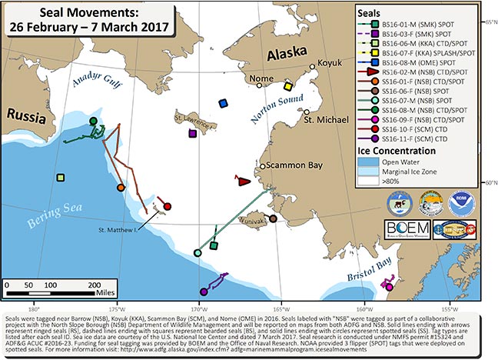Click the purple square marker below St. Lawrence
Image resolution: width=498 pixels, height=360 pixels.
[x=192, y=133]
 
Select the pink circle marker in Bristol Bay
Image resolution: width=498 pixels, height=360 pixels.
[x=389, y=287]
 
